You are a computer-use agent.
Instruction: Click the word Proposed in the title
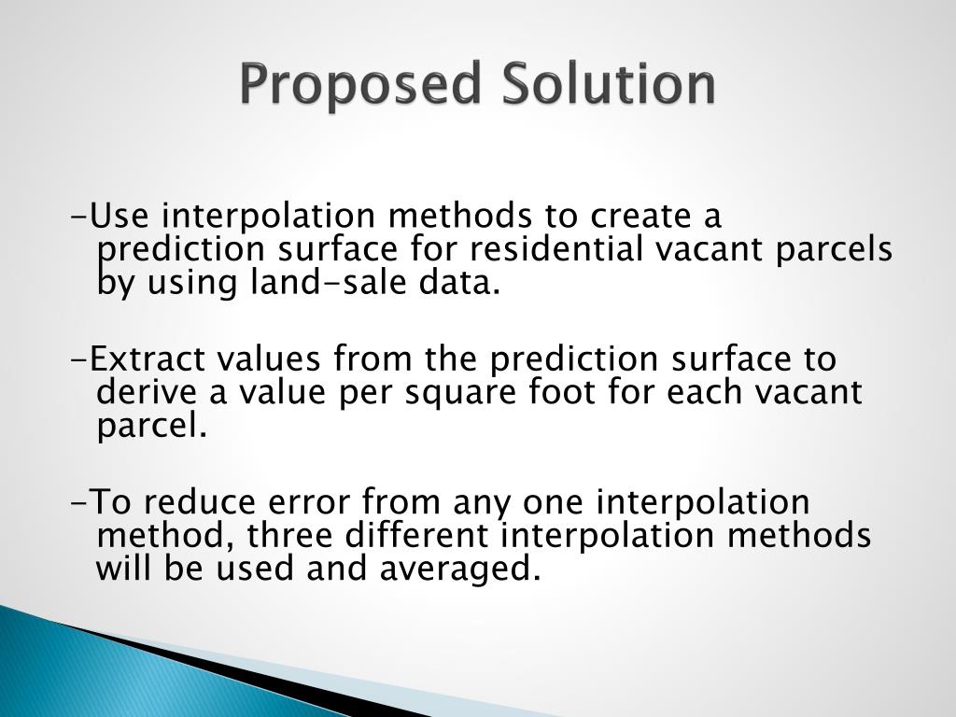point(358,86)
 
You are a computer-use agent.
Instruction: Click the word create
point(639,217)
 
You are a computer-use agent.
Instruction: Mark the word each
point(705,393)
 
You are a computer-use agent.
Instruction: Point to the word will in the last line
point(125,569)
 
